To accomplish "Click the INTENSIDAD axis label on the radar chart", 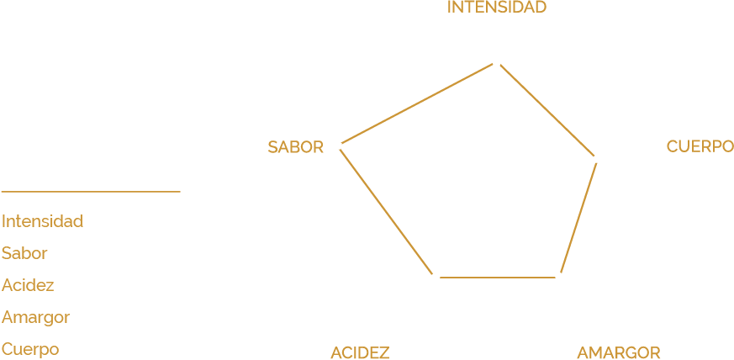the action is (497, 8).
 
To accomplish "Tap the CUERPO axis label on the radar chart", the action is (700, 146).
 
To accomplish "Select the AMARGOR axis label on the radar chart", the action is (618, 352).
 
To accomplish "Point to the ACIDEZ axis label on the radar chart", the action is (360, 352).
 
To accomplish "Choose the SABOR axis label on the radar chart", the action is (295, 147).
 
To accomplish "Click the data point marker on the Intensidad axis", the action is (496, 61).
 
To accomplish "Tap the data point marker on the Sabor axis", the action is (337, 145).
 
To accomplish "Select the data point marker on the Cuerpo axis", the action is (598, 158).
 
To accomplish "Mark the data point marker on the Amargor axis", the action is (560, 277).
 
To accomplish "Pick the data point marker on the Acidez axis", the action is (435, 277).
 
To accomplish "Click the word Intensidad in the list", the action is (42, 222).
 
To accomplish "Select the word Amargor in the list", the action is (35, 318).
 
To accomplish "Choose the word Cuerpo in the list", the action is (30, 349).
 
